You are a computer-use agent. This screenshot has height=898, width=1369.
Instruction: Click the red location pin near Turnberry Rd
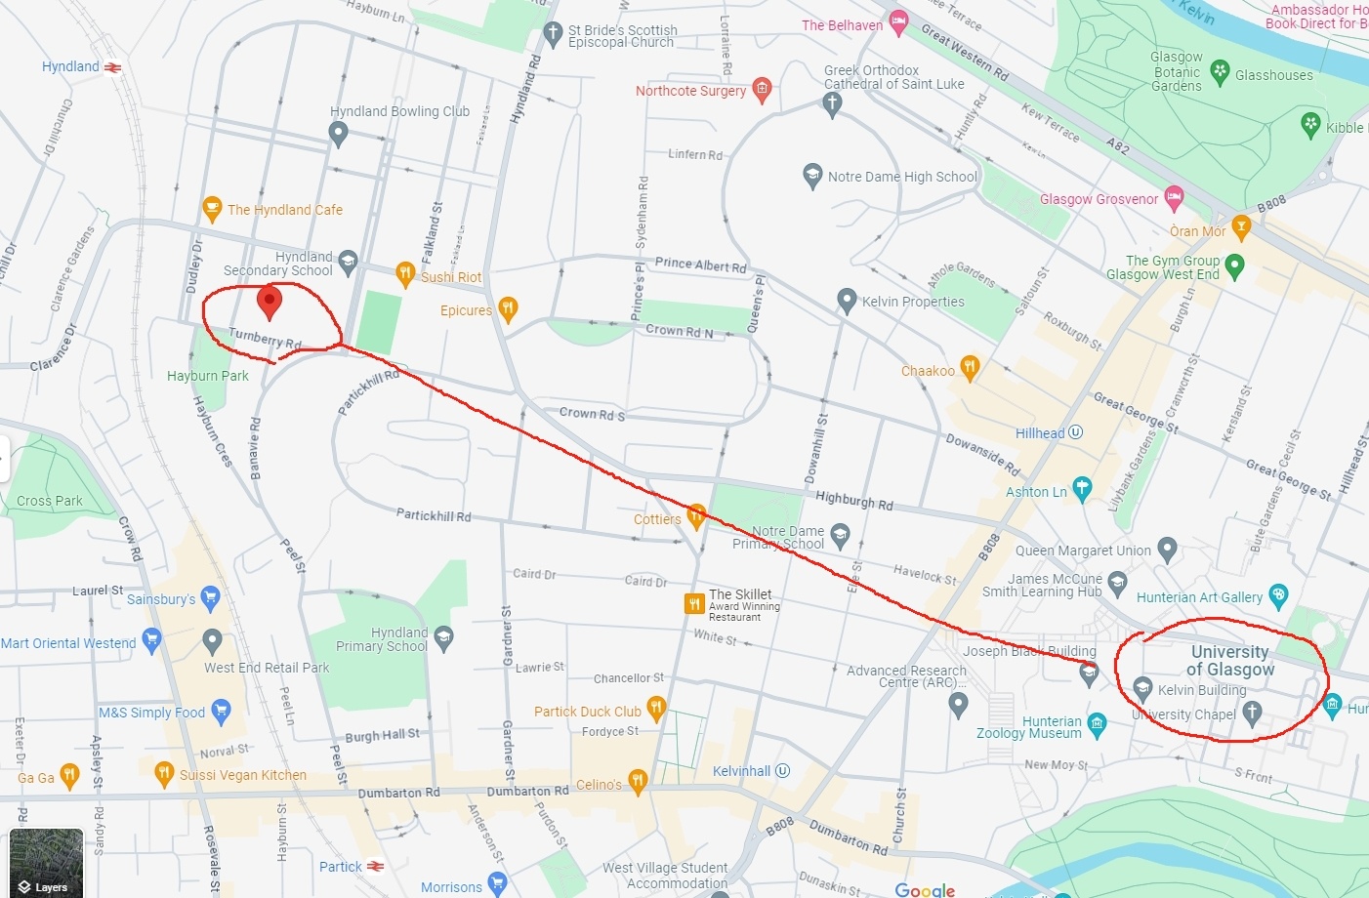click(x=269, y=302)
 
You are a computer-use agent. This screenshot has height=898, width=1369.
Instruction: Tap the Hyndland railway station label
click(x=70, y=66)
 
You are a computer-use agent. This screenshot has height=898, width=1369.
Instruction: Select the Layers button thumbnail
click(x=46, y=862)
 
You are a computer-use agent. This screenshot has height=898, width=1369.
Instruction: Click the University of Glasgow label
click(x=1229, y=661)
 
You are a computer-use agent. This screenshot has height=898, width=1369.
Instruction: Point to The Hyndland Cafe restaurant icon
click(x=212, y=209)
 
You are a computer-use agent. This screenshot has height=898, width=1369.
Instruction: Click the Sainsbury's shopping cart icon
click(x=210, y=598)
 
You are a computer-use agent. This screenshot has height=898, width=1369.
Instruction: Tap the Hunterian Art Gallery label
click(x=1199, y=597)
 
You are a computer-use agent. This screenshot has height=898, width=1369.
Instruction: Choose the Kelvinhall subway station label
click(x=741, y=771)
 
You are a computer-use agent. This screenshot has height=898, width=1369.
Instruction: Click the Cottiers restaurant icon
click(x=696, y=516)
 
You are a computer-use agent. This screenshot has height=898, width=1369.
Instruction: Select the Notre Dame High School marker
click(x=812, y=176)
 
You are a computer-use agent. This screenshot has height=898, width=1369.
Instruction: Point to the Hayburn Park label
click(x=208, y=376)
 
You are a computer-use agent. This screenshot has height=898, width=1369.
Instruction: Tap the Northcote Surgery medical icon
click(x=763, y=90)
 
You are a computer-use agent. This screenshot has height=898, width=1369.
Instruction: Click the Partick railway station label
click(x=341, y=867)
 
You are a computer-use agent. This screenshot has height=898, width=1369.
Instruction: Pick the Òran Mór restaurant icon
click(x=1241, y=228)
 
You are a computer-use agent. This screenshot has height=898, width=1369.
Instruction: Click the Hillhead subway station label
click(x=1040, y=433)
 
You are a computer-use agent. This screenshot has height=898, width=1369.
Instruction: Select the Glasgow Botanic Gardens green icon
click(x=1220, y=70)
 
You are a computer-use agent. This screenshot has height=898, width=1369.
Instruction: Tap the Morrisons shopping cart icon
click(x=497, y=884)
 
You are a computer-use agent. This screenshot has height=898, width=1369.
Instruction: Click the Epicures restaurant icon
click(x=508, y=309)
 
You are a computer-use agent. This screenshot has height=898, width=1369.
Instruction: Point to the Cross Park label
click(x=50, y=501)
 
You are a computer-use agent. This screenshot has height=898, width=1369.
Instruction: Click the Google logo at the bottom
click(x=925, y=889)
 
